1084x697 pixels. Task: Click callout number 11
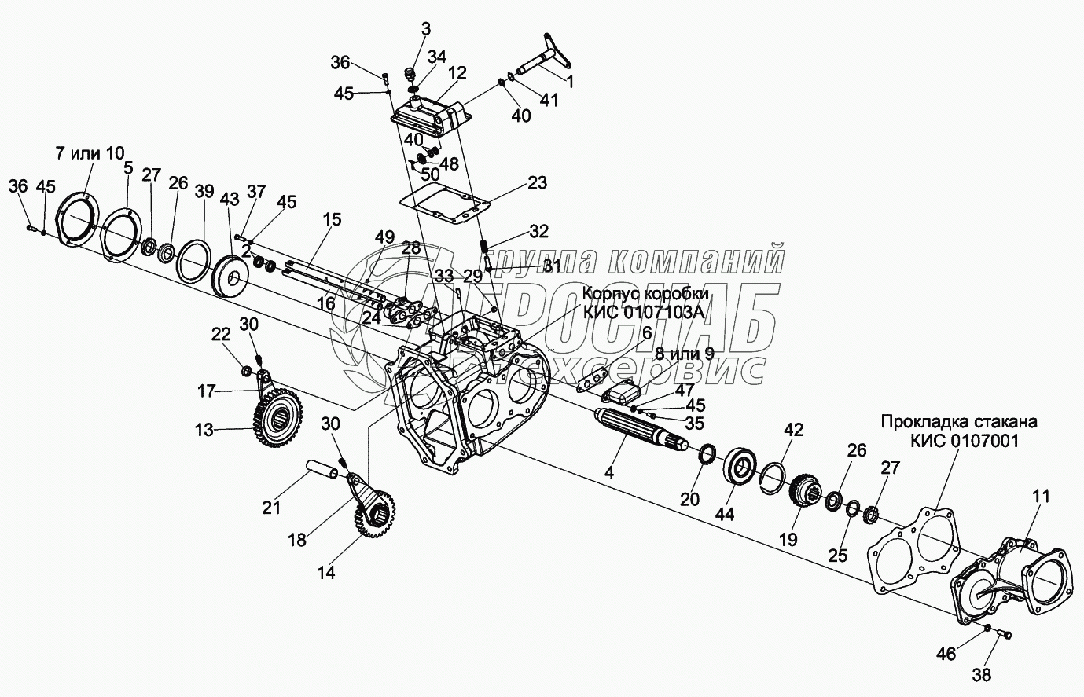pyautogui.click(x=1041, y=497)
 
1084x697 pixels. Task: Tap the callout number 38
pyautogui.click(x=982, y=673)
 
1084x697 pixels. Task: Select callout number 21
pyautogui.click(x=271, y=508)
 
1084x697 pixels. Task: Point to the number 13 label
pyautogui.click(x=204, y=430)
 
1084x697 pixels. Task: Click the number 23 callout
pyautogui.click(x=537, y=183)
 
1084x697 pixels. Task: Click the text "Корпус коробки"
pyautogui.click(x=645, y=293)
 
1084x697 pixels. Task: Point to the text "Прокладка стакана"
pyautogui.click(x=958, y=422)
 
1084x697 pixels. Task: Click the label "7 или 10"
pyautogui.click(x=90, y=152)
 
